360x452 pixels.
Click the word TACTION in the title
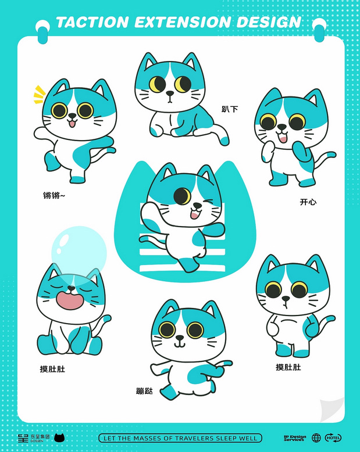click(91, 23)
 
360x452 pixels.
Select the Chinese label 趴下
click(229, 109)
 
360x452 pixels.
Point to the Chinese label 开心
click(308, 202)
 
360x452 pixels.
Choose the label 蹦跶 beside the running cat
click(144, 391)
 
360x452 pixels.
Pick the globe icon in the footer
click(316, 438)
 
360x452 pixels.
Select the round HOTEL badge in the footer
click(333, 438)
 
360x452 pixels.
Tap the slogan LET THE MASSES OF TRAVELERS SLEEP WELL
click(180, 438)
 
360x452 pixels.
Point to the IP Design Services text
click(294, 438)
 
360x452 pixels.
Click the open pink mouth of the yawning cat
click(70, 301)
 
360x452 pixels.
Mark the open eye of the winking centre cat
click(183, 196)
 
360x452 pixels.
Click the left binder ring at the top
click(43, 28)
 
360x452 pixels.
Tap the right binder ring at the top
click(319, 28)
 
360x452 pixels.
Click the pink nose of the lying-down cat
click(169, 93)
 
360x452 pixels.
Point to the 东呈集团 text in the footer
click(40, 436)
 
